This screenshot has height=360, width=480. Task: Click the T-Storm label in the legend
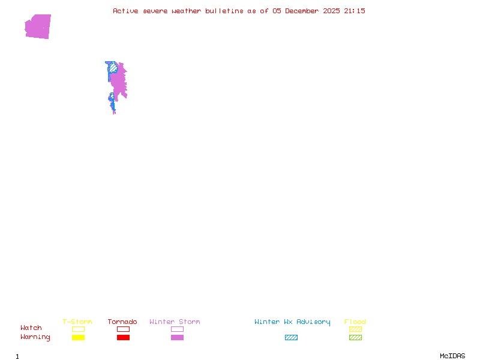point(77,322)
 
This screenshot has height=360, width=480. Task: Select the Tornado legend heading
point(122,322)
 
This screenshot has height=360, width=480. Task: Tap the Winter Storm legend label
point(175,322)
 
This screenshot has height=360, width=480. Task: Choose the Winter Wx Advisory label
point(292,322)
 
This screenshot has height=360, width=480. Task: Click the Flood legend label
point(355,322)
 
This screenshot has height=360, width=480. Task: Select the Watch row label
point(31,328)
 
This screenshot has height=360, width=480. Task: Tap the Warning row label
point(35,337)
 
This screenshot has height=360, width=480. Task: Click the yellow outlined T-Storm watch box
point(78,329)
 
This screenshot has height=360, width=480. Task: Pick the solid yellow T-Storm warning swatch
point(78,338)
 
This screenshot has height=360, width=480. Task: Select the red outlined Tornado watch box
point(123,329)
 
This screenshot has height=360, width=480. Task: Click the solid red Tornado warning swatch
point(123,338)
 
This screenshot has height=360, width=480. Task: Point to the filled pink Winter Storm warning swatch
point(177,338)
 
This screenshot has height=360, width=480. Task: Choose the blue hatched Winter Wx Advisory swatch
point(291,338)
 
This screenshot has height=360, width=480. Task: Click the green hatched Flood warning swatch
point(355,338)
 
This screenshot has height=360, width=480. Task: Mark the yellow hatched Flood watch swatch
point(355,329)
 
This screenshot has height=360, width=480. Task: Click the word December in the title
point(305,11)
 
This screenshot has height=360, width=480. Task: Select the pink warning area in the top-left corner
point(38,26)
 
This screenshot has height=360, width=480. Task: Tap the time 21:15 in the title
point(355,11)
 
